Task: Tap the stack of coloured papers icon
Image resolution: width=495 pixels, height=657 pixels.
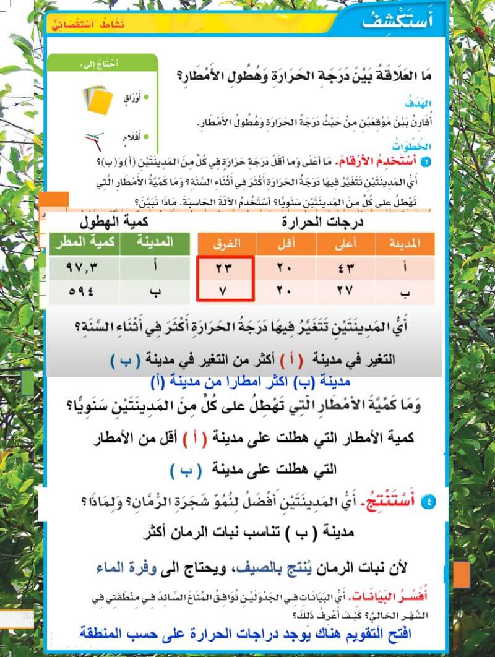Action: pyautogui.click(x=98, y=99)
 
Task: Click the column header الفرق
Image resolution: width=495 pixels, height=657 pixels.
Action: pyautogui.click(x=226, y=244)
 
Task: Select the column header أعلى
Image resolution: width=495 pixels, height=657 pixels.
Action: pyautogui.click(x=344, y=244)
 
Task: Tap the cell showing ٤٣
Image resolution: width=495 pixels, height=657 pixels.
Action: pyautogui.click(x=343, y=269)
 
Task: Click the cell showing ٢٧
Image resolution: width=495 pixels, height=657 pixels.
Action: pyautogui.click(x=343, y=291)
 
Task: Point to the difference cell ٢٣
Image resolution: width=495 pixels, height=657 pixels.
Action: pyautogui.click(x=226, y=269)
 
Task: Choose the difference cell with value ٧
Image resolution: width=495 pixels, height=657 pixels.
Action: pyautogui.click(x=226, y=291)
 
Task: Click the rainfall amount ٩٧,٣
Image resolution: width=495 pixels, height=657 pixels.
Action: pyautogui.click(x=84, y=269)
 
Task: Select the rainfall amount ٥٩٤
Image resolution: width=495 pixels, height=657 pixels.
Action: pyautogui.click(x=84, y=291)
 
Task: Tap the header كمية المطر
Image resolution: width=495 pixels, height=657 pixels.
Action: pyautogui.click(x=84, y=243)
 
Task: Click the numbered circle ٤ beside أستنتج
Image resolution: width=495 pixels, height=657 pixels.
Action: pyautogui.click(x=431, y=502)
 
